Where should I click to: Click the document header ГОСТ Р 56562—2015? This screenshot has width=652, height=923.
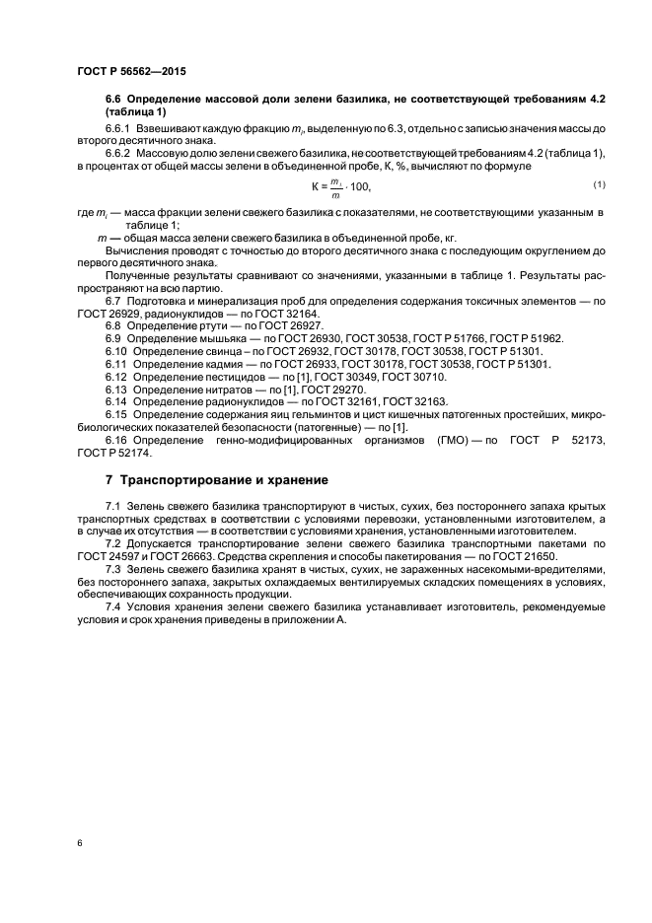pos(131,73)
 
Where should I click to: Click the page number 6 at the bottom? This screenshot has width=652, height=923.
pos(78,844)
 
